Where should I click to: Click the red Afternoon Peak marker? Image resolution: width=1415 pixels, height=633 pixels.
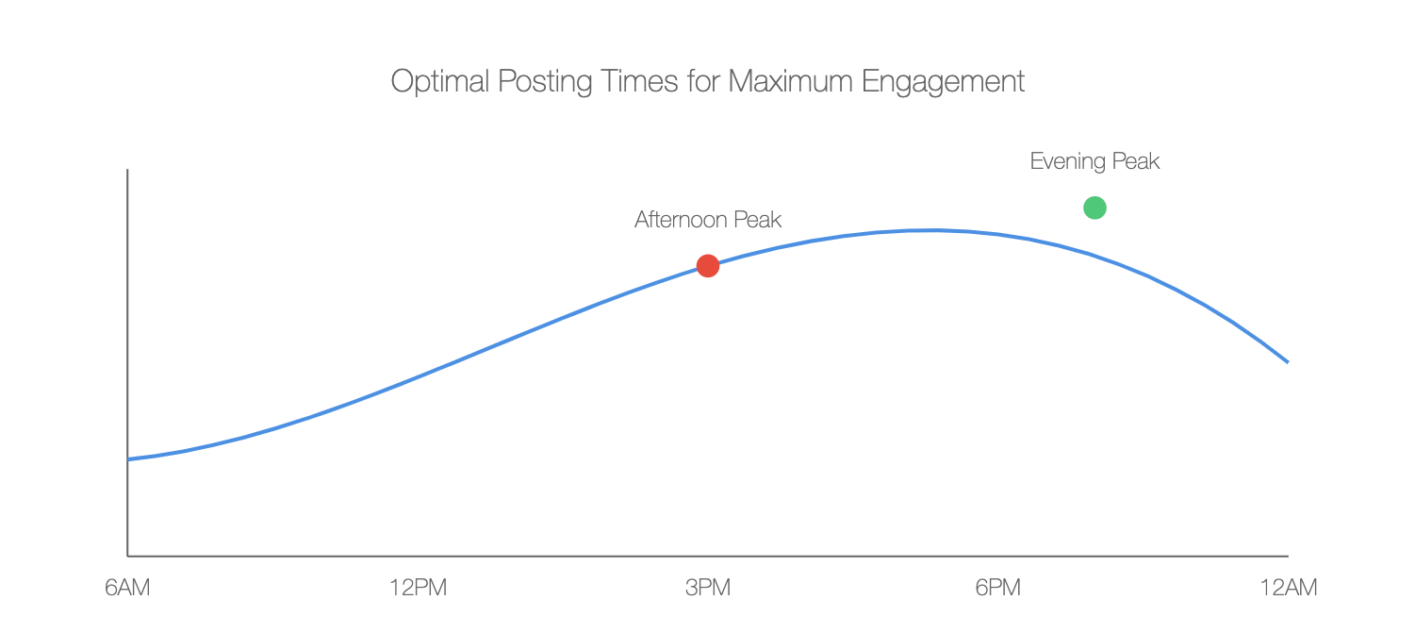pyautogui.click(x=708, y=266)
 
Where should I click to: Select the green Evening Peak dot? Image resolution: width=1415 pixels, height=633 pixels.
pyautogui.click(x=1094, y=208)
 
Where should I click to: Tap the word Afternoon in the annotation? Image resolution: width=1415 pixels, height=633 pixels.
pyautogui.click(x=681, y=221)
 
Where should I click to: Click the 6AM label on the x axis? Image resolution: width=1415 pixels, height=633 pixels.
pyautogui.click(x=127, y=588)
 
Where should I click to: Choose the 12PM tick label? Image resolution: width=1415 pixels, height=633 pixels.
pyautogui.click(x=418, y=588)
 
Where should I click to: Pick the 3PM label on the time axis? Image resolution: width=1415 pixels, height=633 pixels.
pyautogui.click(x=708, y=588)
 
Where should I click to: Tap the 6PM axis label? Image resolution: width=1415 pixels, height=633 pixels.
pyautogui.click(x=998, y=588)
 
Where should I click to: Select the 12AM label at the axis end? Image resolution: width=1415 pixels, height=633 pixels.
pyautogui.click(x=1288, y=588)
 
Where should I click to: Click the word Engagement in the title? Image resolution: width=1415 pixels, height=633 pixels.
pyautogui.click(x=944, y=82)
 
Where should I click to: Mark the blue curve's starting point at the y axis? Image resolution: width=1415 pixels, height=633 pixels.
pyautogui.click(x=128, y=459)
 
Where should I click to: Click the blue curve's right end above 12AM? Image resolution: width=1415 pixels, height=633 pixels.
pyautogui.click(x=1288, y=361)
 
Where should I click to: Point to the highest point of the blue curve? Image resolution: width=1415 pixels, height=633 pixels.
pyautogui.click(x=933, y=230)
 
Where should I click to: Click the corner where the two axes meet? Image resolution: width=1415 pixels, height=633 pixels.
pyautogui.click(x=127, y=557)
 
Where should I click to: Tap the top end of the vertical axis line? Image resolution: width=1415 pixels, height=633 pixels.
pyautogui.click(x=127, y=170)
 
